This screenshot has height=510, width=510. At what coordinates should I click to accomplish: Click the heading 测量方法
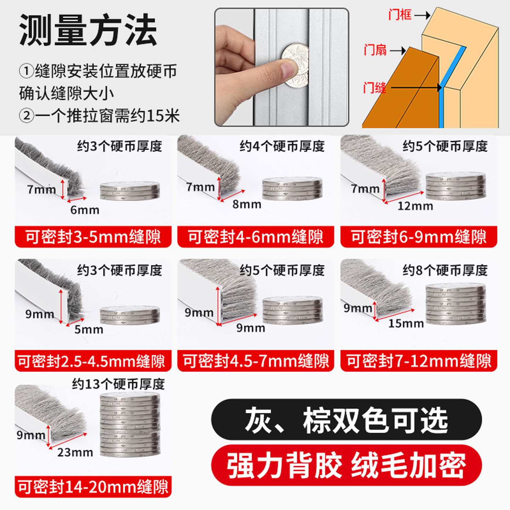88,30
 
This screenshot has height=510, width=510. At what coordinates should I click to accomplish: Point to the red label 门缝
374,87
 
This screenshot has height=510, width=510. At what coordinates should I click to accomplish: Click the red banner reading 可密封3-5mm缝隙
93,237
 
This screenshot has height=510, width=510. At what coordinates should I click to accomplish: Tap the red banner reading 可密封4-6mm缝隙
256,237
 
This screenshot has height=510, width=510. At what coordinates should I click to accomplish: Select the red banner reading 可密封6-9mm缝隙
419,237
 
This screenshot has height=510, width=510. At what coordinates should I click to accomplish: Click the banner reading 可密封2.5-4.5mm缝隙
93,361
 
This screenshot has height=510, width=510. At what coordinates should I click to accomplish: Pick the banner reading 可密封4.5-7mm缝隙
256,361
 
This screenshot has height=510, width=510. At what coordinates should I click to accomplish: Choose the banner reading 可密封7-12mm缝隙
419,361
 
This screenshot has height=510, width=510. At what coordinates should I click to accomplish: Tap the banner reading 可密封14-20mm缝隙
93,487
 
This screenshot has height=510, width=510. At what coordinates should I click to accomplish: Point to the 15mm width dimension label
406,324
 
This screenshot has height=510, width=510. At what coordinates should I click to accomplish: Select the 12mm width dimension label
415,206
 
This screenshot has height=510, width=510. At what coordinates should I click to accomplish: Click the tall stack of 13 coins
130,425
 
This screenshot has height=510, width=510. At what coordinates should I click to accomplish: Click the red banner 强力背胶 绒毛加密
346,465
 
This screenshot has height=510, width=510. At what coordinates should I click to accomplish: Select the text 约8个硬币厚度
445,271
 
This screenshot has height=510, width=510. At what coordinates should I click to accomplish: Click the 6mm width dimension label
85,210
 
